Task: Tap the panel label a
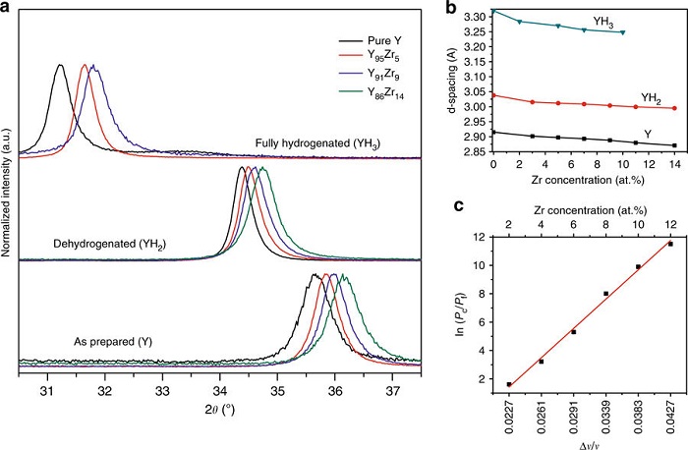8,7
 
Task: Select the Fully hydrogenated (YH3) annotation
317,143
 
